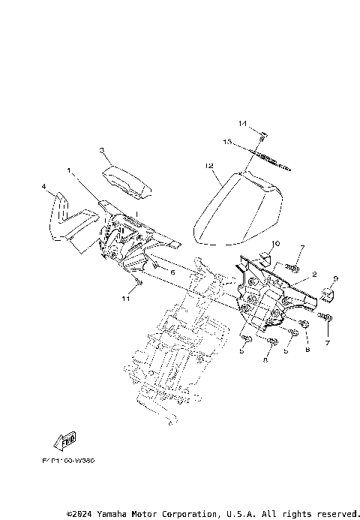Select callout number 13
pos(247,140)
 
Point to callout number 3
pos(102,151)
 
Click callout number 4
pos(44,185)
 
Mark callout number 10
pos(275,244)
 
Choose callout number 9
pos(336,278)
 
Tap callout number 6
pos(172,272)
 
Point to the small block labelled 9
pos(326,291)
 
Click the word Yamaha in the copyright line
pos(112,514)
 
